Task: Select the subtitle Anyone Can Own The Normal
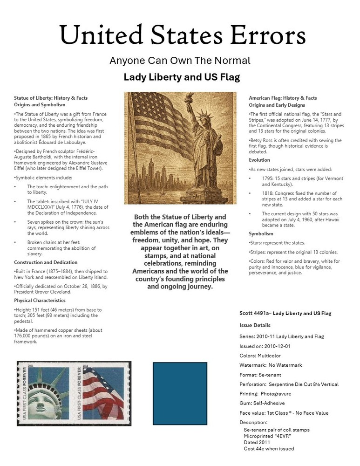(180, 61)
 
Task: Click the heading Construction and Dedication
(45, 262)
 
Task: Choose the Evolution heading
(259, 159)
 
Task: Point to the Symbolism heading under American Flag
(261, 233)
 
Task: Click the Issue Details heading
(255, 325)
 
